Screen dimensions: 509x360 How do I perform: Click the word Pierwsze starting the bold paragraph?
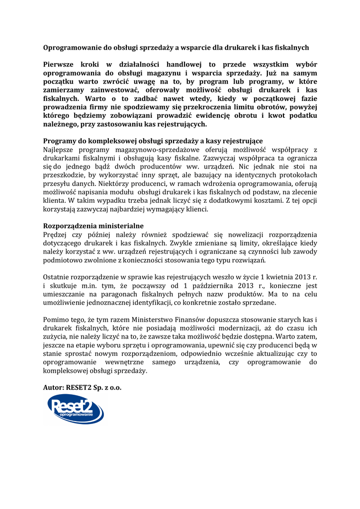point(61,65)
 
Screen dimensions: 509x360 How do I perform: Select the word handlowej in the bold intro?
point(186,65)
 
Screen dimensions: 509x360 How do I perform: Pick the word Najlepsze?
point(62,149)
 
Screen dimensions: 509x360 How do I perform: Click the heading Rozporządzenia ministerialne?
point(93,226)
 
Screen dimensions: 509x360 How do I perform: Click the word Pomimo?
point(56,320)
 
